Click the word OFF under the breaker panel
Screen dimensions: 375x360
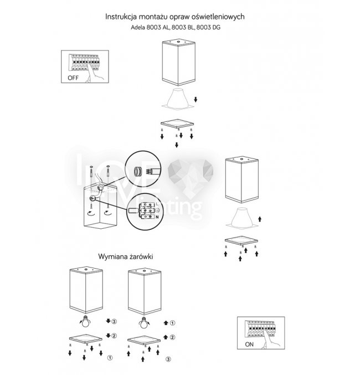(x=73, y=78)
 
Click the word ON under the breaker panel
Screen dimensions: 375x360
(x=250, y=345)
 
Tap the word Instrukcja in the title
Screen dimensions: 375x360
(x=122, y=17)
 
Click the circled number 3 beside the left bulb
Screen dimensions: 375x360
(x=114, y=322)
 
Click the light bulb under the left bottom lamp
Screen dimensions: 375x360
(x=86, y=321)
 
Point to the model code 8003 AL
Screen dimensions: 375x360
(x=156, y=28)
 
